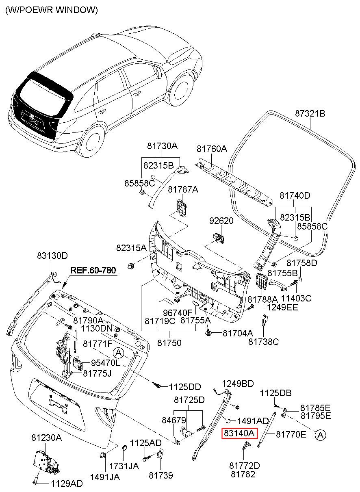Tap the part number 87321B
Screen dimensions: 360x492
click(310, 114)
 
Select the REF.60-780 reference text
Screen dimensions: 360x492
click(93, 270)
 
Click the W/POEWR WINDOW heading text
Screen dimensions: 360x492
click(51, 10)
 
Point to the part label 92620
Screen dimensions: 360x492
click(221, 221)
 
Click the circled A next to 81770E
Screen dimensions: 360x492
click(321, 435)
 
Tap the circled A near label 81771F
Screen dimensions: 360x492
click(118, 353)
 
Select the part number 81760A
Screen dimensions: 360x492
click(212, 149)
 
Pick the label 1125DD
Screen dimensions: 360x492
click(185, 387)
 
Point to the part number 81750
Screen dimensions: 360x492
click(169, 343)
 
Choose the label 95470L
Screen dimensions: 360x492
click(105, 363)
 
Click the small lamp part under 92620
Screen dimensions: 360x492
click(219, 238)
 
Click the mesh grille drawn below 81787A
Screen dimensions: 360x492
click(182, 208)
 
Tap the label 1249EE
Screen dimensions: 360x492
click(282, 307)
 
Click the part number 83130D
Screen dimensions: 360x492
click(52, 256)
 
